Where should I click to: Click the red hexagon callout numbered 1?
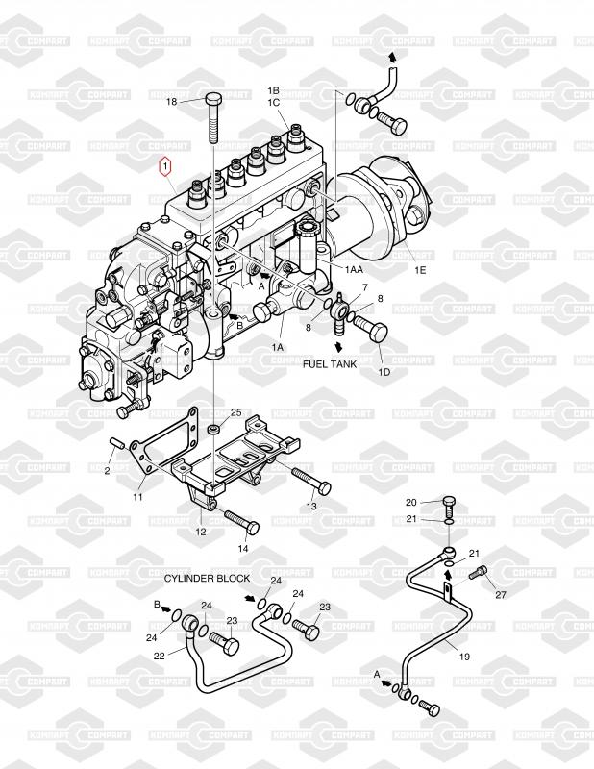165,166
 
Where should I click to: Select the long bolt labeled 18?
214,117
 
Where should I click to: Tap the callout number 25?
236,412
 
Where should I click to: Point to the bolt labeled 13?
311,482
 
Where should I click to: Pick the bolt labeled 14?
242,522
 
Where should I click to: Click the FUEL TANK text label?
330,364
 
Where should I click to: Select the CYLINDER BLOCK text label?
207,579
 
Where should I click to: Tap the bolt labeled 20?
449,506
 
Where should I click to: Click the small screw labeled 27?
478,572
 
